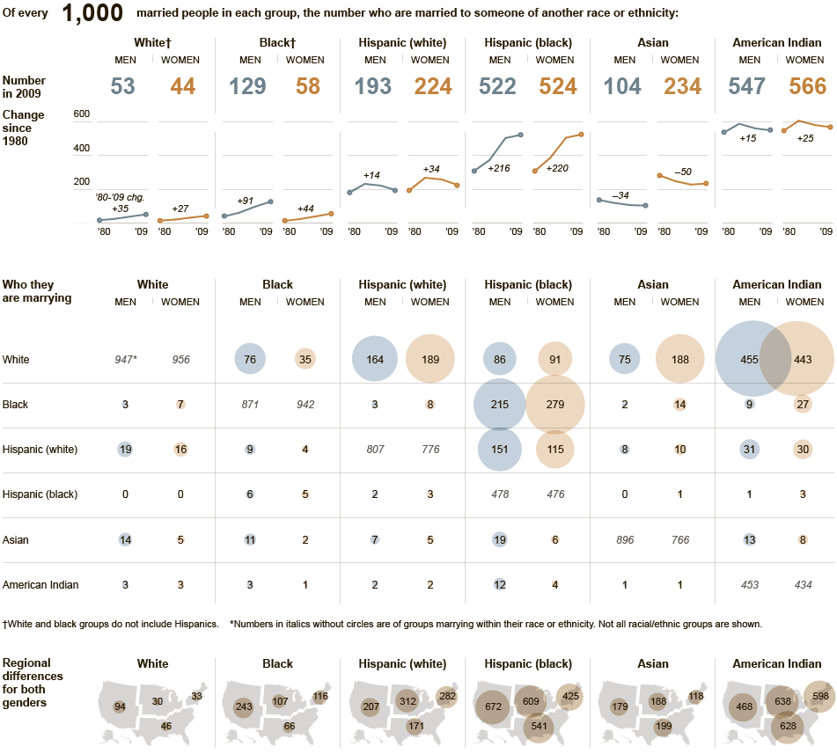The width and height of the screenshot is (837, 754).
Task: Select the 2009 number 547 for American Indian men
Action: pos(749,86)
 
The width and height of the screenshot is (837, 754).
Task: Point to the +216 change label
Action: pos(500,167)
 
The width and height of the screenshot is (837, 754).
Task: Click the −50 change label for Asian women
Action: pos(683,172)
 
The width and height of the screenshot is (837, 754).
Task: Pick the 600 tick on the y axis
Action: pos(81,114)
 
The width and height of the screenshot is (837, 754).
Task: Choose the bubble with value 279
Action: pos(554,405)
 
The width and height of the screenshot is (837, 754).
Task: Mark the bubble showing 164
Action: pos(375,360)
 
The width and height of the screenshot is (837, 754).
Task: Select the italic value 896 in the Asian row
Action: pos(624,539)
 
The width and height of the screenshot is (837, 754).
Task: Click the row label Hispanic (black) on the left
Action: pos(40,494)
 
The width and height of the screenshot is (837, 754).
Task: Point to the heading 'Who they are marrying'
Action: pos(37,291)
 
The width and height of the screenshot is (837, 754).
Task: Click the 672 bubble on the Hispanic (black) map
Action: pos(492,706)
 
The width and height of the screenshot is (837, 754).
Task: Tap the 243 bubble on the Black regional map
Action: pos(243,706)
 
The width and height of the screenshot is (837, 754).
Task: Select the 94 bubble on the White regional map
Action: pos(119,706)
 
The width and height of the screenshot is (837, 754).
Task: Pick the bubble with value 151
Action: pos(500,450)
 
